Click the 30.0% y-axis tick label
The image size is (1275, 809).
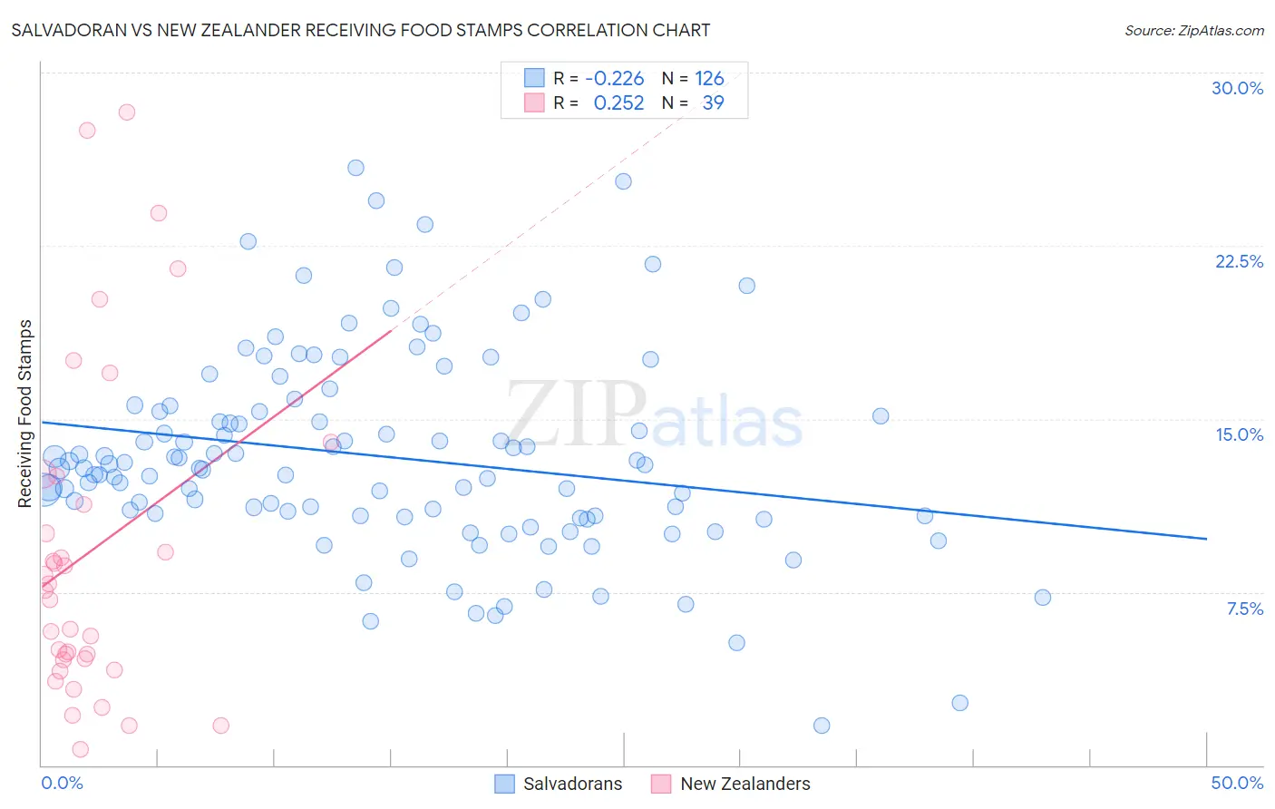point(1237,88)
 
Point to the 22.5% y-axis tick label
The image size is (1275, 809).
point(1239,261)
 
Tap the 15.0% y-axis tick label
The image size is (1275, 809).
point(1239,434)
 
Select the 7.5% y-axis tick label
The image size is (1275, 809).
point(1244,609)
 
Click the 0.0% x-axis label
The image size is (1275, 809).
point(62,783)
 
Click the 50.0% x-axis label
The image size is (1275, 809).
point(1237,783)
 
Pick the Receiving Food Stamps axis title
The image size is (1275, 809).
point(25,414)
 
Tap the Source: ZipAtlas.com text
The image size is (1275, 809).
point(1193,30)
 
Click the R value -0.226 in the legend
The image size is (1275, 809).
point(615,78)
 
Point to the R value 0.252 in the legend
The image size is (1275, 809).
point(618,102)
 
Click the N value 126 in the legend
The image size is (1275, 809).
point(709,78)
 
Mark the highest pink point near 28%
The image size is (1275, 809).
point(127,112)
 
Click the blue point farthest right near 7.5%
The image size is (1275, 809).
point(1043,598)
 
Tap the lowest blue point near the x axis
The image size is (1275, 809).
point(822,726)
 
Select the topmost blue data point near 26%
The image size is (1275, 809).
point(355,168)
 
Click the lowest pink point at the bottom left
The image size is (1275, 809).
point(80,749)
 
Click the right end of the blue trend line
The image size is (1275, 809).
point(1206,539)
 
